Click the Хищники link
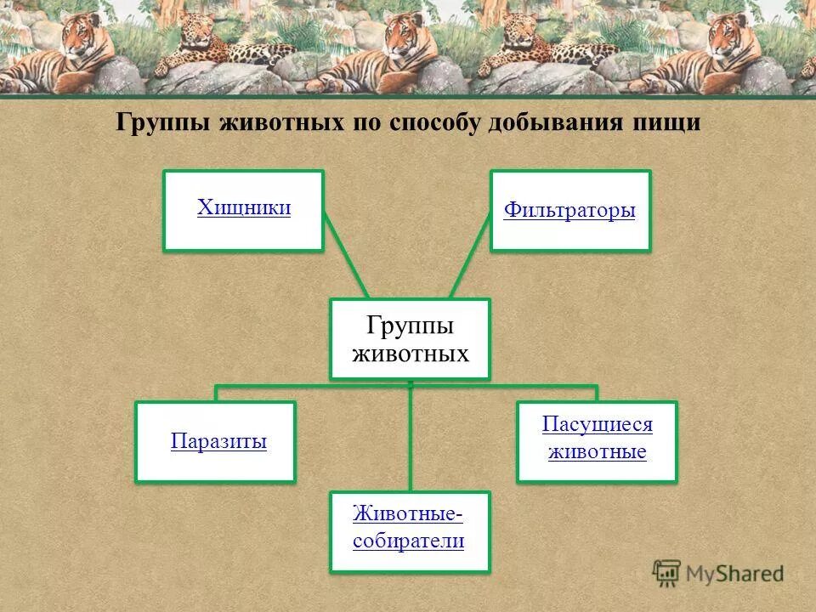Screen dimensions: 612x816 tap(244, 208)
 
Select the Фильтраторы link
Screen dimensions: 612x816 tap(569, 210)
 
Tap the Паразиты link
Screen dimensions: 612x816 tap(218, 441)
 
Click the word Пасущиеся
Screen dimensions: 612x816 tap(597, 425)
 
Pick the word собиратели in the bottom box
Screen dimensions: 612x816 tap(409, 541)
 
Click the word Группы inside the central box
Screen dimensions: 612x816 tap(410, 326)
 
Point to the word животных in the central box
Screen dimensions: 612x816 tap(411, 353)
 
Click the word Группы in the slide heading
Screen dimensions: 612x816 tap(163, 123)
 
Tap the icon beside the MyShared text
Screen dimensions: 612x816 tap(667, 573)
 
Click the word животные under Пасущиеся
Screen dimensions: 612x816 tap(597, 451)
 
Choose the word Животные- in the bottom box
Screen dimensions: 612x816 tap(409, 514)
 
